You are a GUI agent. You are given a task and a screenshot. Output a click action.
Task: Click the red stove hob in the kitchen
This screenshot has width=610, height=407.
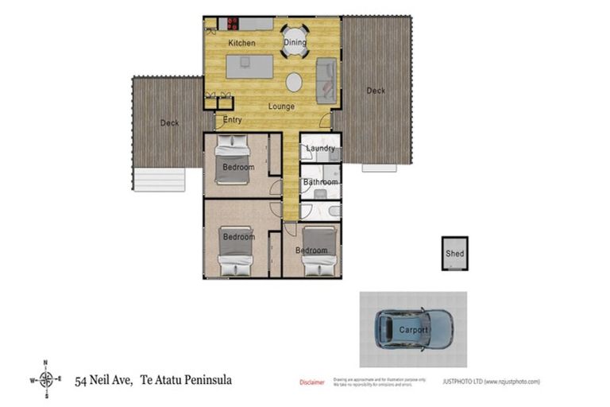coord(234,24)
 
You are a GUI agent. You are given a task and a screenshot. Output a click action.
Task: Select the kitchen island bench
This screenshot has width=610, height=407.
coord(249,66)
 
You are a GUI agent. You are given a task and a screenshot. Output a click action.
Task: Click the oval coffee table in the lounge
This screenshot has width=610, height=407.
coord(294,82)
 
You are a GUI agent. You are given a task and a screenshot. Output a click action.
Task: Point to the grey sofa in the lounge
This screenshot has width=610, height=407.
coord(326,79)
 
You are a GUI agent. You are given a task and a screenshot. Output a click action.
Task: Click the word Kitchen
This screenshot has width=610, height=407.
coord(241,42)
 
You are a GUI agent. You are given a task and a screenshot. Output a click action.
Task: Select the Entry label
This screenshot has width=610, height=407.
coord(232,120)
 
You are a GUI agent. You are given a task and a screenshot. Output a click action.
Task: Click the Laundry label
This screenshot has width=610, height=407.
coord(320,148)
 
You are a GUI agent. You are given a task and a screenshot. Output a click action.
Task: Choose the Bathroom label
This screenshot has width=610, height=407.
coord(320,182)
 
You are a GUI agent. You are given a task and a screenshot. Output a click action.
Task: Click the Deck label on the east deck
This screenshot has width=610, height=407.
coord(376,91)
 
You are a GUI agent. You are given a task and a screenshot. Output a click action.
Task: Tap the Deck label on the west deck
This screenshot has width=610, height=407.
coord(169,123)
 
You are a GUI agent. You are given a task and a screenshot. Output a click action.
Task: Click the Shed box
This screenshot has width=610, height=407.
coord(454,254)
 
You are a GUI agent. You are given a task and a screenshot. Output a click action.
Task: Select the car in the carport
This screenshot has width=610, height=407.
coord(414,329)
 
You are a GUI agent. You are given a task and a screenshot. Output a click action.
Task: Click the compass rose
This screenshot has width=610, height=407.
coord(46,380)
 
